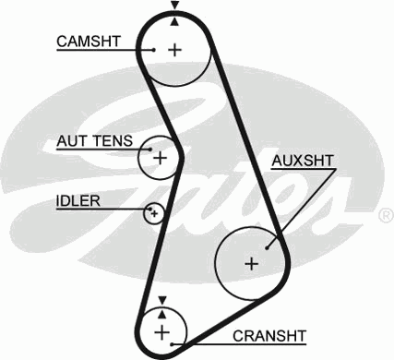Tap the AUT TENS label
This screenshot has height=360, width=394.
(94, 141)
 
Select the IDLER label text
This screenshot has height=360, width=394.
(78, 200)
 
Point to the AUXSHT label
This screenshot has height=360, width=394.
(303, 162)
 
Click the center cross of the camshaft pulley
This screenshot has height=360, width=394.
(174, 49)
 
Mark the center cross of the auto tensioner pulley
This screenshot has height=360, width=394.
(159, 158)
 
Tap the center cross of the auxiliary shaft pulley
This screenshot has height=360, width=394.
(249, 263)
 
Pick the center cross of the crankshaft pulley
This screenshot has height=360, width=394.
(162, 330)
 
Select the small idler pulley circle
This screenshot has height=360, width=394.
(154, 214)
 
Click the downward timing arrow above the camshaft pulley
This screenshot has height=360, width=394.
(173, 6)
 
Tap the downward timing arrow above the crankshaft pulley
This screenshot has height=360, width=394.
(162, 299)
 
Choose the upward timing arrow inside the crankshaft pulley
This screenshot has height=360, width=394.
(162, 312)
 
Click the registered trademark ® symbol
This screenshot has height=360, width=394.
(385, 215)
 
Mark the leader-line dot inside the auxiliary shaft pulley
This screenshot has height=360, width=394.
(267, 246)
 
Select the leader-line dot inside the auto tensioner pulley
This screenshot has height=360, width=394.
(146, 148)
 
